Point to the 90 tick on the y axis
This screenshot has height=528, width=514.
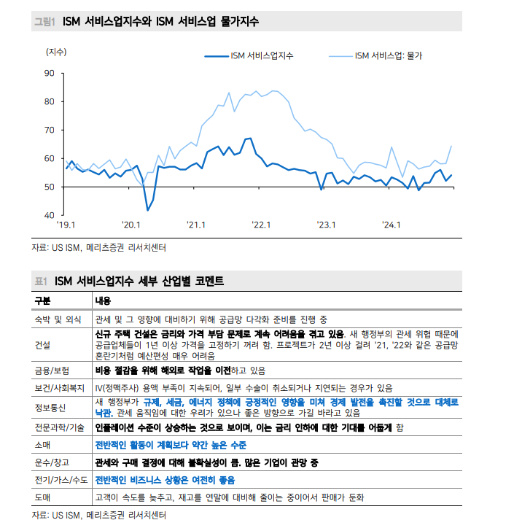50,73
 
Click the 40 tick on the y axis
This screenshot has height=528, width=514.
50,216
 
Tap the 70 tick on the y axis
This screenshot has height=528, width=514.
50,130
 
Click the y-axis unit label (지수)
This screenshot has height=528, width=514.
56,52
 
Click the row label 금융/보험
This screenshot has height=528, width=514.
52,370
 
